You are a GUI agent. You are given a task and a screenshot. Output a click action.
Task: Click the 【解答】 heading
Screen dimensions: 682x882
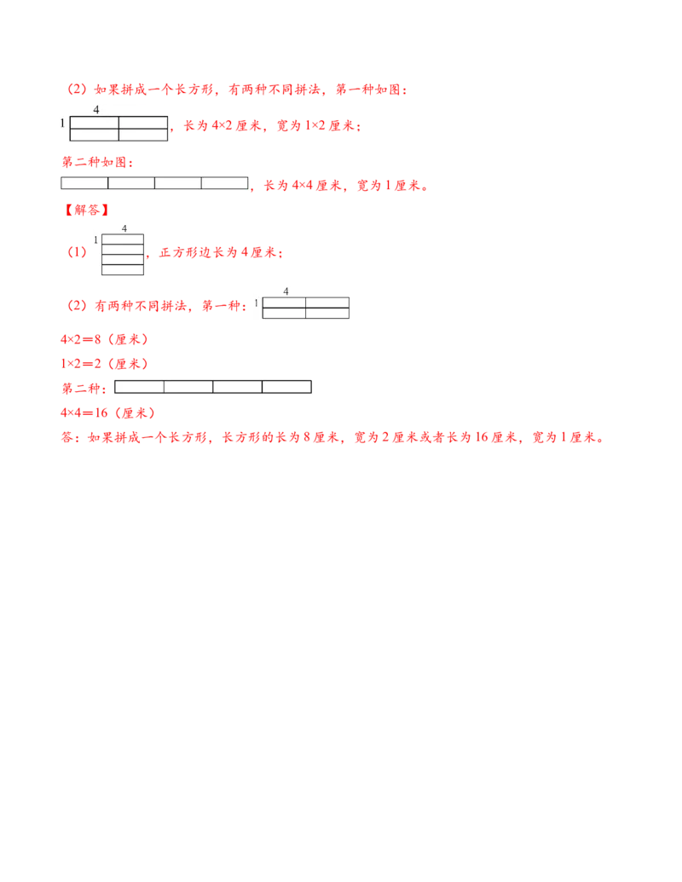tap(86, 210)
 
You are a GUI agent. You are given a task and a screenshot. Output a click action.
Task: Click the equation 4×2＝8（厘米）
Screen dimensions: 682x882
tap(105, 339)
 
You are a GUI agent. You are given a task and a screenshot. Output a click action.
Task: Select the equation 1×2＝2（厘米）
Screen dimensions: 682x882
tap(105, 364)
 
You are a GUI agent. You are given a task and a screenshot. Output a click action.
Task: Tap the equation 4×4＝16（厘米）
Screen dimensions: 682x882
tap(108, 412)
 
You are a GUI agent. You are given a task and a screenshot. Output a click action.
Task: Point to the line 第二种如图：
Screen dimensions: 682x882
tap(97, 162)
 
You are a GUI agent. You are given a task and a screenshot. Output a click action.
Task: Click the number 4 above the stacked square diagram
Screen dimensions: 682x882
tap(124, 228)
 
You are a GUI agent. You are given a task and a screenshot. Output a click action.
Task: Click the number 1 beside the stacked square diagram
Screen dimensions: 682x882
tap(95, 240)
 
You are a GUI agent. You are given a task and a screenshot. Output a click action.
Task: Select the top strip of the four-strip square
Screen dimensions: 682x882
tap(123, 239)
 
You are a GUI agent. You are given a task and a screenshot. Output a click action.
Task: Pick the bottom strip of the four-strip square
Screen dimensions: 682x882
tap(123, 269)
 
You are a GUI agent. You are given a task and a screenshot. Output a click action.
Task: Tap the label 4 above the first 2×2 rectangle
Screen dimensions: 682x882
tap(96, 110)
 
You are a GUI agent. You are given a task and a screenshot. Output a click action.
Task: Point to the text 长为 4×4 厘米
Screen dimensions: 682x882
tap(303, 185)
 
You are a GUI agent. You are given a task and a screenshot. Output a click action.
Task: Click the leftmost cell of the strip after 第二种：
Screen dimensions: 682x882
tap(140, 386)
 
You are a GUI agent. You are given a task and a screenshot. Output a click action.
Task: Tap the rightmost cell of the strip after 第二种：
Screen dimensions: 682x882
tap(287, 386)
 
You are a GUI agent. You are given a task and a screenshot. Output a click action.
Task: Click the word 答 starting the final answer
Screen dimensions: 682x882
tap(67, 438)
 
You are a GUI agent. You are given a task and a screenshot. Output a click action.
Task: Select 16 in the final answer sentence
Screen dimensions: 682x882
tap(481, 437)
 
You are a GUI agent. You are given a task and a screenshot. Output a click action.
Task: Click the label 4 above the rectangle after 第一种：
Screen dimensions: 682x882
tap(286, 291)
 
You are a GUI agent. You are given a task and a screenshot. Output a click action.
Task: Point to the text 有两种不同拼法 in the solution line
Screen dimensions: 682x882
tap(140, 305)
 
